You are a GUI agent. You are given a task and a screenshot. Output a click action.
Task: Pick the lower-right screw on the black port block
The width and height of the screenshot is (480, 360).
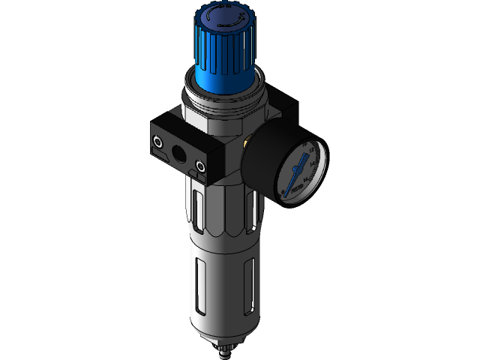pos(200,165)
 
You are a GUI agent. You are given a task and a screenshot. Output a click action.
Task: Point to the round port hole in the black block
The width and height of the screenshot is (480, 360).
pos(180,152)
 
